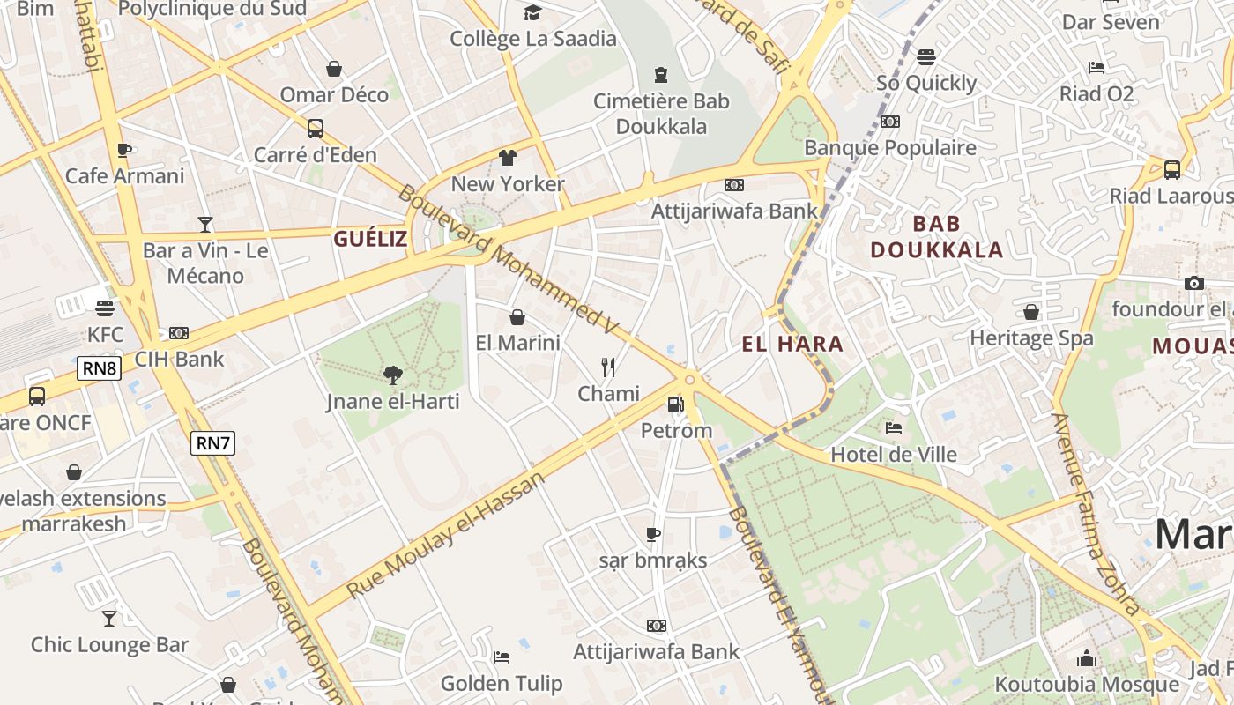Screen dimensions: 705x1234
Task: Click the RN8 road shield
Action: tap(99, 368)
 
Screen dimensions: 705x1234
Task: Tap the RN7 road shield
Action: tap(213, 443)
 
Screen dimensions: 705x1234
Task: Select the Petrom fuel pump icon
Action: tap(675, 404)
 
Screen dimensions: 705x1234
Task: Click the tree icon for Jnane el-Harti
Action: tap(392, 375)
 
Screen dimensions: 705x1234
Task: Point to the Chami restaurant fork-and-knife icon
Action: tap(608, 367)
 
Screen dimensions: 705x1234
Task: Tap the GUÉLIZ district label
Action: tap(370, 238)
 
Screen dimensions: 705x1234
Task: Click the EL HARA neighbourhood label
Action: tap(792, 344)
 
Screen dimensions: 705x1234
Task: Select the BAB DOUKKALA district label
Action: tap(937, 236)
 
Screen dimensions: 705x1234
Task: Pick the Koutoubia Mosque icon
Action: tap(1086, 658)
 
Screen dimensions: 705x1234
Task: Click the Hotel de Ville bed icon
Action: tap(894, 428)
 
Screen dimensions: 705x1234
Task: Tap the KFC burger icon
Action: tap(105, 308)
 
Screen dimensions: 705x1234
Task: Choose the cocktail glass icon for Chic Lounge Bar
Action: tap(109, 618)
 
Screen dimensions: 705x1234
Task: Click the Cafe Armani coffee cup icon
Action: tap(124, 150)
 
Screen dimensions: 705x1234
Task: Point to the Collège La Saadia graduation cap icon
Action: tap(532, 12)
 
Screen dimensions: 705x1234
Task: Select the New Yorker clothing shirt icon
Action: tap(507, 158)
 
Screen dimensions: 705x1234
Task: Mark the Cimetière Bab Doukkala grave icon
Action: tap(661, 75)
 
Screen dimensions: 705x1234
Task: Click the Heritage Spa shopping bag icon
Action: tap(1030, 312)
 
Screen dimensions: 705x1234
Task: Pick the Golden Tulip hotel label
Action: tap(501, 683)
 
